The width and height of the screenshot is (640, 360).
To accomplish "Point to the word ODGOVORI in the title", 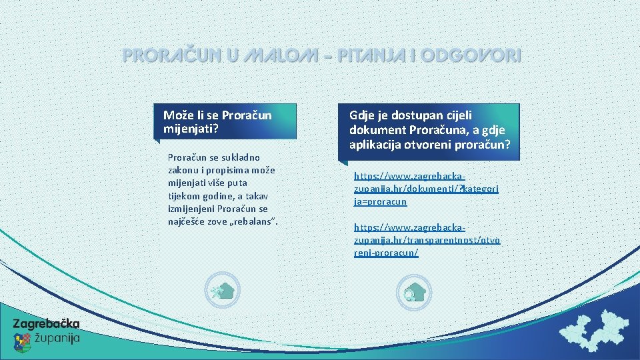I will tap(473, 55).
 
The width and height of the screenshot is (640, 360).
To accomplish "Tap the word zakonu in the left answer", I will tap(185, 170).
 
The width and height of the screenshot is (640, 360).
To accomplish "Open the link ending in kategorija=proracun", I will tap(426, 189).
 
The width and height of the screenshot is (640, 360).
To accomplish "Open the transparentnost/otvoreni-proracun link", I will tap(427, 240).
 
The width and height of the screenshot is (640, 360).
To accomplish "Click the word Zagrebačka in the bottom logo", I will tap(46, 324).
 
